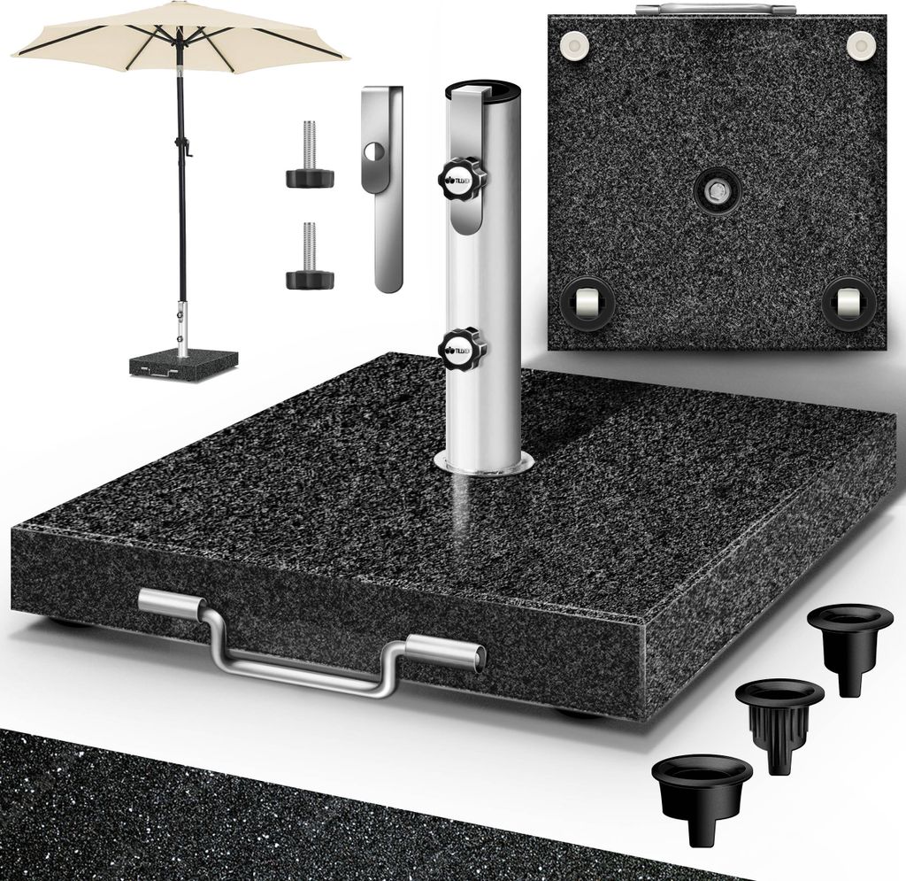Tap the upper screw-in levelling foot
click(x=309, y=158)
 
